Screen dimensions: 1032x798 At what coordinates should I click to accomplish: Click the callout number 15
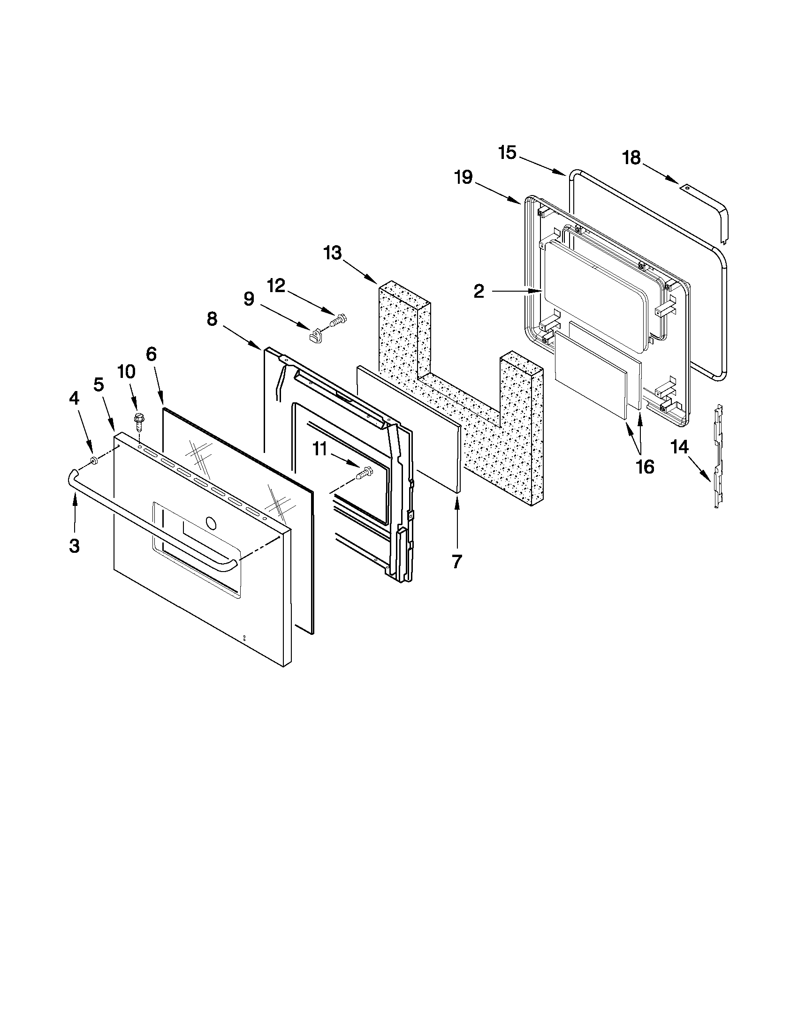507,153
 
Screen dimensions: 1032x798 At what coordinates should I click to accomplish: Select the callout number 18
631,158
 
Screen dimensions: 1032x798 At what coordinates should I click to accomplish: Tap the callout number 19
464,178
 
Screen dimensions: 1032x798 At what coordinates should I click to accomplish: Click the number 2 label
479,292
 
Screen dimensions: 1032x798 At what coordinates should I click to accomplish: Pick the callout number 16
645,467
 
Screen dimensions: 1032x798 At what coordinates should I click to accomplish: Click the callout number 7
456,562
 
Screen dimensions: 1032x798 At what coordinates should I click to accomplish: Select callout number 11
320,449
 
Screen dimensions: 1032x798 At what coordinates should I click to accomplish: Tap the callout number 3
74,546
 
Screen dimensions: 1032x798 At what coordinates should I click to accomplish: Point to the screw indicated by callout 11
366,472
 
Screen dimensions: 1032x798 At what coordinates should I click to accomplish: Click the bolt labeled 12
341,317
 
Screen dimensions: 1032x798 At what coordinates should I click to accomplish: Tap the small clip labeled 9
314,337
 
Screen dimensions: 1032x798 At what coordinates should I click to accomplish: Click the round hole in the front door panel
211,523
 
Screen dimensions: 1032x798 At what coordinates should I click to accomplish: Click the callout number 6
151,354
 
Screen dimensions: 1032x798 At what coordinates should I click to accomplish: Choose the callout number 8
212,319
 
